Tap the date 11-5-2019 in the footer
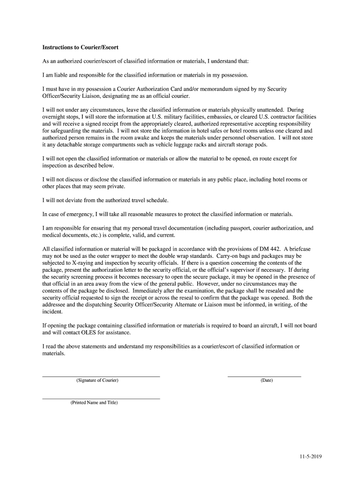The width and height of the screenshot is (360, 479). pyautogui.click(x=311, y=456)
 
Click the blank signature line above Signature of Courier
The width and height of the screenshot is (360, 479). pyautogui.click(x=101, y=376)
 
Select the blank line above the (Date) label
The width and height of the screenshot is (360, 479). pyautogui.click(x=264, y=376)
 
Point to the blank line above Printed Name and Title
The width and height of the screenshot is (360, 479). pyautogui.click(x=101, y=398)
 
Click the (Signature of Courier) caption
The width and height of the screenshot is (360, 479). pyautogui.click(x=97, y=380)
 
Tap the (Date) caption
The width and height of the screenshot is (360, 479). pyautogui.click(x=266, y=380)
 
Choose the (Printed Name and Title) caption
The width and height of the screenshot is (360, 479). pyautogui.click(x=94, y=402)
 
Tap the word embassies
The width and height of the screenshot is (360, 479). pyautogui.click(x=207, y=116)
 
